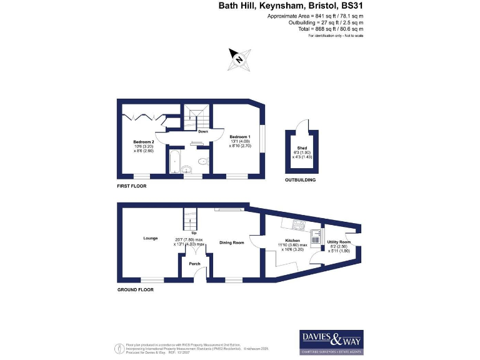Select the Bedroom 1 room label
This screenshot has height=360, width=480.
tap(239, 137)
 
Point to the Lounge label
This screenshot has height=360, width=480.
tap(150, 238)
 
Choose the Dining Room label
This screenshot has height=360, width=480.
tap(231, 242)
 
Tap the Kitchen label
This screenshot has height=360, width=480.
tap(292, 241)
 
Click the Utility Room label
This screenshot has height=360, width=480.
tap(339, 242)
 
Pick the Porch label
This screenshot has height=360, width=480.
tap(194, 264)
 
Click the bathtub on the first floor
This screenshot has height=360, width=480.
tap(176, 161)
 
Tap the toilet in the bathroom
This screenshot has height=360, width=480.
tap(201, 162)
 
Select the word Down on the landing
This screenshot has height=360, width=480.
tap(203, 132)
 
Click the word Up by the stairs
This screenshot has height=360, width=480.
tap(194, 233)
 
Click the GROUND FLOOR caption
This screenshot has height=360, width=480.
tap(136, 290)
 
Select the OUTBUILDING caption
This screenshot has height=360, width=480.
tap(300, 180)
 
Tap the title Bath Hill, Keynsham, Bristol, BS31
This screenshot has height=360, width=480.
tap(291, 6)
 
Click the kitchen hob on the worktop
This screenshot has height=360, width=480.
tap(295, 226)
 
